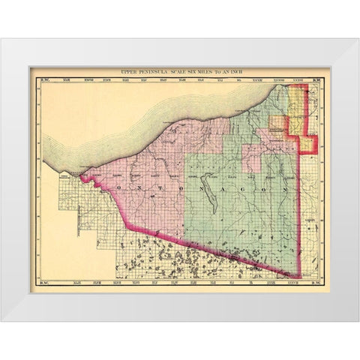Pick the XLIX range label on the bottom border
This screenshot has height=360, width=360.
point(57,286)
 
